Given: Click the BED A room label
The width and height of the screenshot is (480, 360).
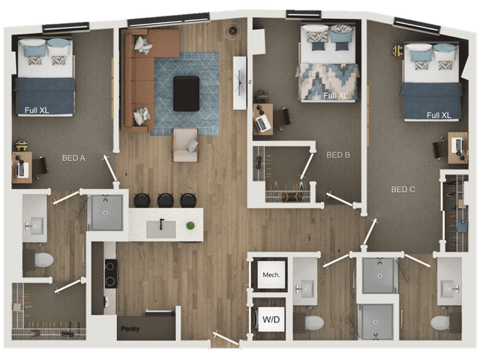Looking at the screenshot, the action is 73,158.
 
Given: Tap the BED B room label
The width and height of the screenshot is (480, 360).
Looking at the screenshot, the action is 338,155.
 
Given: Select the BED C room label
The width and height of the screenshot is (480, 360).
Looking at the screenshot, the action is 403,190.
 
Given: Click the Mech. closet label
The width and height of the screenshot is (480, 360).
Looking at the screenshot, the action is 271,275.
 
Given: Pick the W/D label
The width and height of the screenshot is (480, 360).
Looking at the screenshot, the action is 271,319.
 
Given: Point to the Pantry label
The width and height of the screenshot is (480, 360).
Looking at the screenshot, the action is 130,328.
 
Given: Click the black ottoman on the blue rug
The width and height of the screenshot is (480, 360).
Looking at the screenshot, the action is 186,93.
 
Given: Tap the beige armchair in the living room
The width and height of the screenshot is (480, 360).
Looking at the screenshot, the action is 185,145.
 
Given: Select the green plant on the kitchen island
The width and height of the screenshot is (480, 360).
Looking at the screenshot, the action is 190,226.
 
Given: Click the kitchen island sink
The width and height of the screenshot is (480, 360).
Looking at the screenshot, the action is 160,229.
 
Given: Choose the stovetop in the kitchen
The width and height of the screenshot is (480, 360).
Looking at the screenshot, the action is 111,273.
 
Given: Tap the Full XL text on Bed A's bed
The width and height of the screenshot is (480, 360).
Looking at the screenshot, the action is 37,110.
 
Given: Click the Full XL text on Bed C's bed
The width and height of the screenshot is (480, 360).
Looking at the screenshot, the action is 439,115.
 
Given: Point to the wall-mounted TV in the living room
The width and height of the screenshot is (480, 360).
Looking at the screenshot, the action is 240,82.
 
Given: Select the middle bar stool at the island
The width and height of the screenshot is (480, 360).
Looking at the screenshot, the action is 166,200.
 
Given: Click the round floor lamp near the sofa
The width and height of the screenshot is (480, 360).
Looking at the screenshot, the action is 232,31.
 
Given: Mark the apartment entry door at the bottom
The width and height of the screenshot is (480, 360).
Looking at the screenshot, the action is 226,338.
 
